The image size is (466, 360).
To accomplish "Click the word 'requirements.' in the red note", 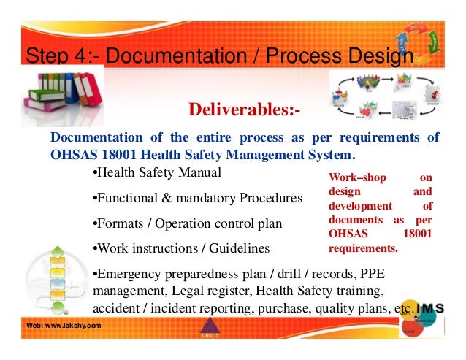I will [363, 248].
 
